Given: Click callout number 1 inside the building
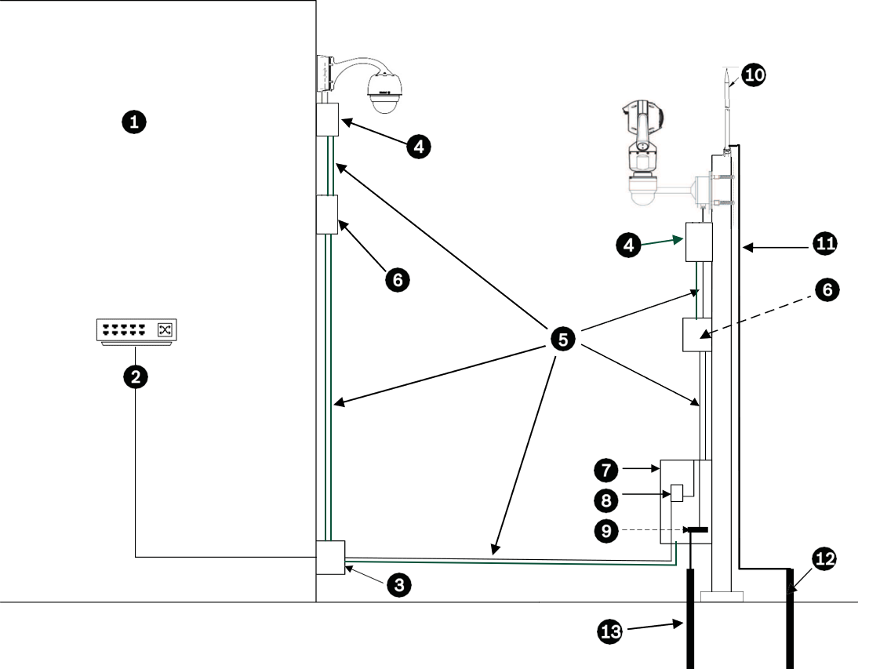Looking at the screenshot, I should tap(135, 122).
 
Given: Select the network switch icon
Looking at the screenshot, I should tap(135, 330).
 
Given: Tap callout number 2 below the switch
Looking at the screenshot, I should tap(136, 376).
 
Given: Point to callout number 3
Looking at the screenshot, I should tap(398, 584).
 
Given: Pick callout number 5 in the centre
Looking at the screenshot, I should tap(562, 339).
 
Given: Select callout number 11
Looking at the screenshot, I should tap(824, 245).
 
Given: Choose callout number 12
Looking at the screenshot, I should tap(824, 558).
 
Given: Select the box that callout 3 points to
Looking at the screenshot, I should tap(330, 557).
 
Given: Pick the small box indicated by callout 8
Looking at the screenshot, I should tap(678, 492).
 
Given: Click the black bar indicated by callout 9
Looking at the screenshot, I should tap(695, 530).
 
